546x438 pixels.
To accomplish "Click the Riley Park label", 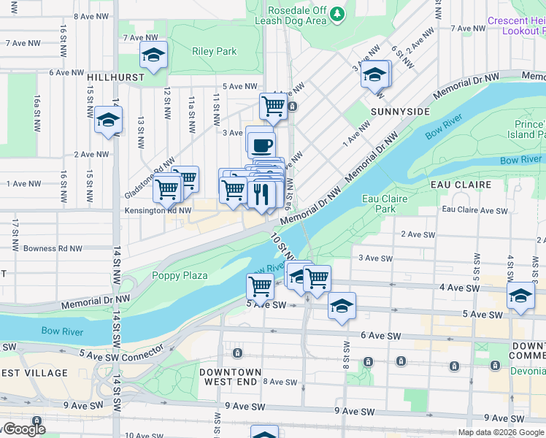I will (x=215, y=51).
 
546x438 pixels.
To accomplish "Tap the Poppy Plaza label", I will (x=180, y=275).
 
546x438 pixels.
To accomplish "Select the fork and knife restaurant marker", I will (x=261, y=194).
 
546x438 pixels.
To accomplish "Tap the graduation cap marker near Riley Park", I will (x=154, y=55).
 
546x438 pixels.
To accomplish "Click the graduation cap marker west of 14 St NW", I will (x=108, y=120).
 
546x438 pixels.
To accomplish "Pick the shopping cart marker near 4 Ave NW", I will (x=273, y=106).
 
